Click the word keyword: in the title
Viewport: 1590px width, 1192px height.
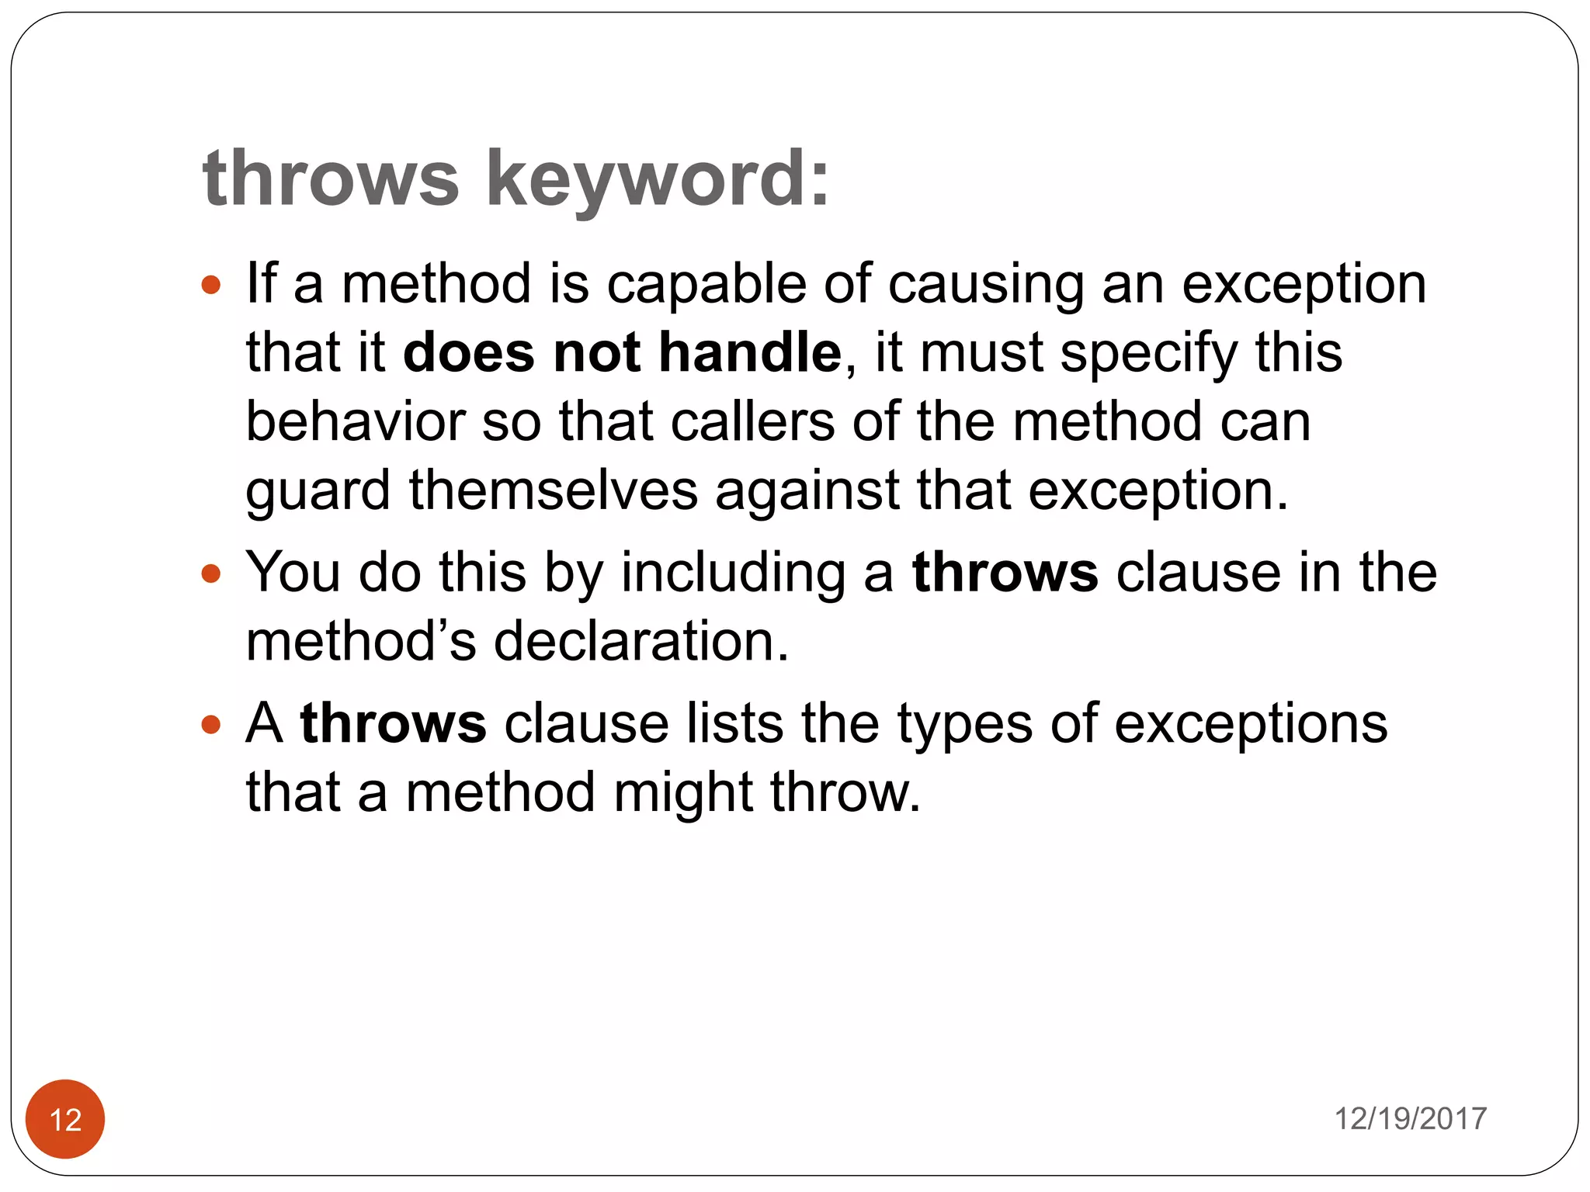657,180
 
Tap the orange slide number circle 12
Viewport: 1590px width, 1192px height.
65,1119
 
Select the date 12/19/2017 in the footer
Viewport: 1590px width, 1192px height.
1410,1119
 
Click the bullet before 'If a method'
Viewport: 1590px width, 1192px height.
210,285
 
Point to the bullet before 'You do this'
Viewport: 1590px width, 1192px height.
210,574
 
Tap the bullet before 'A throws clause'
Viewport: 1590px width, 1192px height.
210,725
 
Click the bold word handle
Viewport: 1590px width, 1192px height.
750,352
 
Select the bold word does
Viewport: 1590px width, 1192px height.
468,352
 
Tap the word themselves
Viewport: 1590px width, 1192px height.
553,490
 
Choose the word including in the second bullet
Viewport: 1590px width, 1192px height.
733,573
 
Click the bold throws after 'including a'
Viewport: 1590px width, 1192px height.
1005,573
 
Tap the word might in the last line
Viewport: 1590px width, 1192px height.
683,793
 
